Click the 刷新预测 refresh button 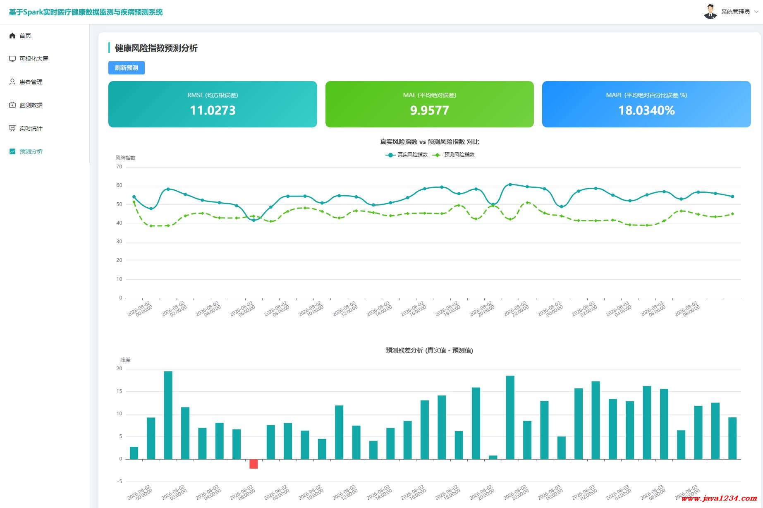point(127,68)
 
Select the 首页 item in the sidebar point(25,36)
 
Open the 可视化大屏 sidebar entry point(34,59)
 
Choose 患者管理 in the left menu point(31,82)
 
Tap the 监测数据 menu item point(31,105)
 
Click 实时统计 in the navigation point(31,128)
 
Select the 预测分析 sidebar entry point(31,151)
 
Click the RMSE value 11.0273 point(213,110)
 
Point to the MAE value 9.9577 point(429,110)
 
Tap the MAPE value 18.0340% point(646,110)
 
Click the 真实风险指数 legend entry point(407,155)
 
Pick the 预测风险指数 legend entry point(454,155)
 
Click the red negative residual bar point(254,464)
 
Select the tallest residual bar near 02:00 point(168,415)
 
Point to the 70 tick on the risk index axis point(119,167)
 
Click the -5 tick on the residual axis point(120,482)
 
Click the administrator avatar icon point(710,12)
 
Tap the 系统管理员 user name point(735,12)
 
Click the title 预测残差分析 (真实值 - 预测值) point(429,350)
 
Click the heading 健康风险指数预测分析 point(156,48)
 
